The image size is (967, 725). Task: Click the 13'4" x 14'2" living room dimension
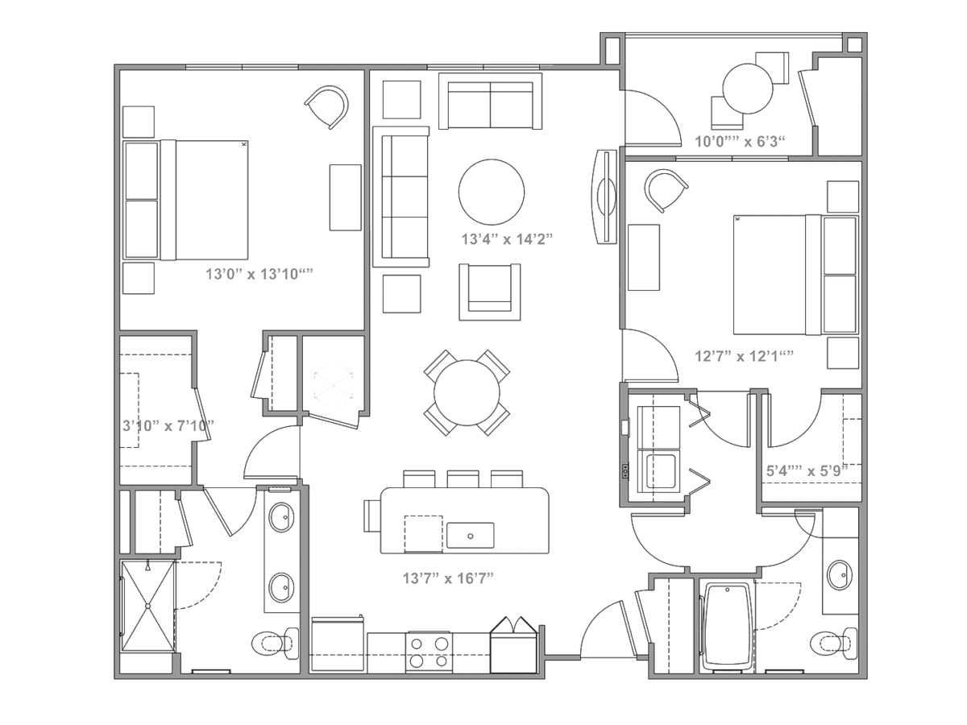pos(507,239)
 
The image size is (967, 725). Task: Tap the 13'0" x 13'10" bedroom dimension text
pos(259,274)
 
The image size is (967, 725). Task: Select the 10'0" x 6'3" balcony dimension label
pos(740,141)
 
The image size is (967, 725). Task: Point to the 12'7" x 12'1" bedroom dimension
pos(744,356)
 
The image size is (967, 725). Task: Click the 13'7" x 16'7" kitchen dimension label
pos(448,578)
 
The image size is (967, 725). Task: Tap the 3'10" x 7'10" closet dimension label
pos(168,425)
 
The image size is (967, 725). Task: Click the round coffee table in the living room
pos(492,192)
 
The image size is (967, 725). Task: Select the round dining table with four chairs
pos(467,392)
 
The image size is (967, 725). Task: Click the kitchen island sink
pos(470,535)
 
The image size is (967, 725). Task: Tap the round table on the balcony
pos(748,89)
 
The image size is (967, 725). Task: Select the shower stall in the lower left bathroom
pos(147,606)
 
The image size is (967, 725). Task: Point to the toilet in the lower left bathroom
pos(276,644)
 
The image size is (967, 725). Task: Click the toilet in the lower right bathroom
pos(833,644)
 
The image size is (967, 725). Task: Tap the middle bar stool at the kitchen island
pos(463,479)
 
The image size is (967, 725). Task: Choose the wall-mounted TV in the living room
pos(606,197)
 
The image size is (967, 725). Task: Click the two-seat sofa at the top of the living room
pos(490,101)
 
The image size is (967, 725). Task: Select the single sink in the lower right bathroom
pos(840,575)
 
